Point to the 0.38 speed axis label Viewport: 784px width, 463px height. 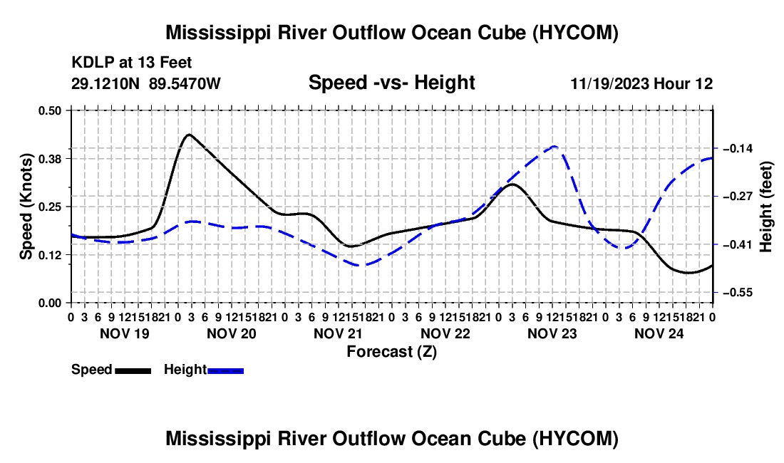pyautogui.click(x=49, y=159)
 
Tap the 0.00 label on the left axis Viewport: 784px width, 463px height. pyautogui.click(x=49, y=303)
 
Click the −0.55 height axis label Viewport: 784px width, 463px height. pyautogui.click(x=738, y=293)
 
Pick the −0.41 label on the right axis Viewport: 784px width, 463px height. pyautogui.click(x=738, y=245)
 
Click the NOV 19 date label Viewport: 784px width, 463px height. pyautogui.click(x=125, y=333)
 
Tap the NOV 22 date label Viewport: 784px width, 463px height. pyautogui.click(x=445, y=333)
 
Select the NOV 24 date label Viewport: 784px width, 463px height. pyautogui.click(x=659, y=333)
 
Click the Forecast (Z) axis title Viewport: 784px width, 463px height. pyautogui.click(x=391, y=352)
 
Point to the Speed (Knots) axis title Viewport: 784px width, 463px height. pyautogui.click(x=26, y=207)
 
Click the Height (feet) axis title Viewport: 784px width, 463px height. pyautogui.click(x=766, y=207)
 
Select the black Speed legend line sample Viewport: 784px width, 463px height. pyautogui.click(x=133, y=371)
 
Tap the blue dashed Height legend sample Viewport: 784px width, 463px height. pyautogui.click(x=225, y=371)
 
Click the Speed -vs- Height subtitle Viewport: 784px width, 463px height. pyautogui.click(x=391, y=83)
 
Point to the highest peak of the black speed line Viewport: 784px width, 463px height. pyautogui.click(x=189, y=135)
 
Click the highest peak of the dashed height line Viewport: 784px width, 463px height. pyautogui.click(x=555, y=146)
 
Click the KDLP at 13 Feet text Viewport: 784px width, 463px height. pyautogui.click(x=132, y=63)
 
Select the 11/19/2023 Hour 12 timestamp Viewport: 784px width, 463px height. pyautogui.click(x=642, y=83)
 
